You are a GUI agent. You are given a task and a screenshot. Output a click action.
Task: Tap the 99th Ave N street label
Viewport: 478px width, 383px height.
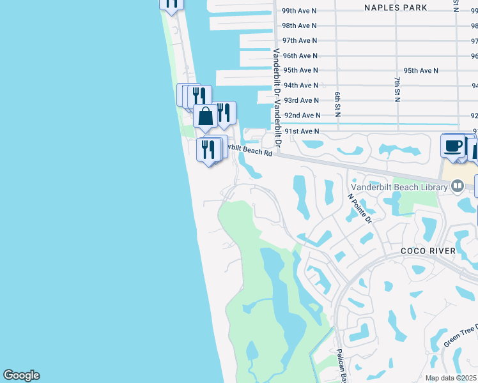300,11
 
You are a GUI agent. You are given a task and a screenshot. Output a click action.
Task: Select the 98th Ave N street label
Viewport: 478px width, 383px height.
300,26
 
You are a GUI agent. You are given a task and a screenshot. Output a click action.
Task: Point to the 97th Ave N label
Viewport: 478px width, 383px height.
300,41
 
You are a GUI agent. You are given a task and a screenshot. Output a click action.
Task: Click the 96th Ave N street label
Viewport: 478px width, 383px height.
300,56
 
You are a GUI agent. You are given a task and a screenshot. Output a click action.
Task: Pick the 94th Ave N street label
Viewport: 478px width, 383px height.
300,86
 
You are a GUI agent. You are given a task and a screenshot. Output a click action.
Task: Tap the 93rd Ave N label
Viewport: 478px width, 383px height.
301,101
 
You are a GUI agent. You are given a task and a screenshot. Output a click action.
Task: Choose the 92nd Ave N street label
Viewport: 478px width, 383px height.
302,116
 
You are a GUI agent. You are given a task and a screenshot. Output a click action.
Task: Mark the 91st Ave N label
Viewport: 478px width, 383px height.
302,131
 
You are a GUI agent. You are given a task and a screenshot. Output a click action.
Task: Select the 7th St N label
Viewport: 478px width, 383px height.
397,89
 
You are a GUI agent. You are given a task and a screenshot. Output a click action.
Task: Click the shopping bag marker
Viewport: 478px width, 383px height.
206,117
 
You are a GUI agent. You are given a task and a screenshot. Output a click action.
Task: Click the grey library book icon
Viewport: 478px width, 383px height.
458,186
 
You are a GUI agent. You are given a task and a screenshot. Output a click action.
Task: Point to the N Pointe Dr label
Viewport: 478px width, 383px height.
360,207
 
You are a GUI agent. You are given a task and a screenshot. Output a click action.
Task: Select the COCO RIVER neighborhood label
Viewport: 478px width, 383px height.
428,251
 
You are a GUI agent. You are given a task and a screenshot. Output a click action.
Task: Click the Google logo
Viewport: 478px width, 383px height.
21,375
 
